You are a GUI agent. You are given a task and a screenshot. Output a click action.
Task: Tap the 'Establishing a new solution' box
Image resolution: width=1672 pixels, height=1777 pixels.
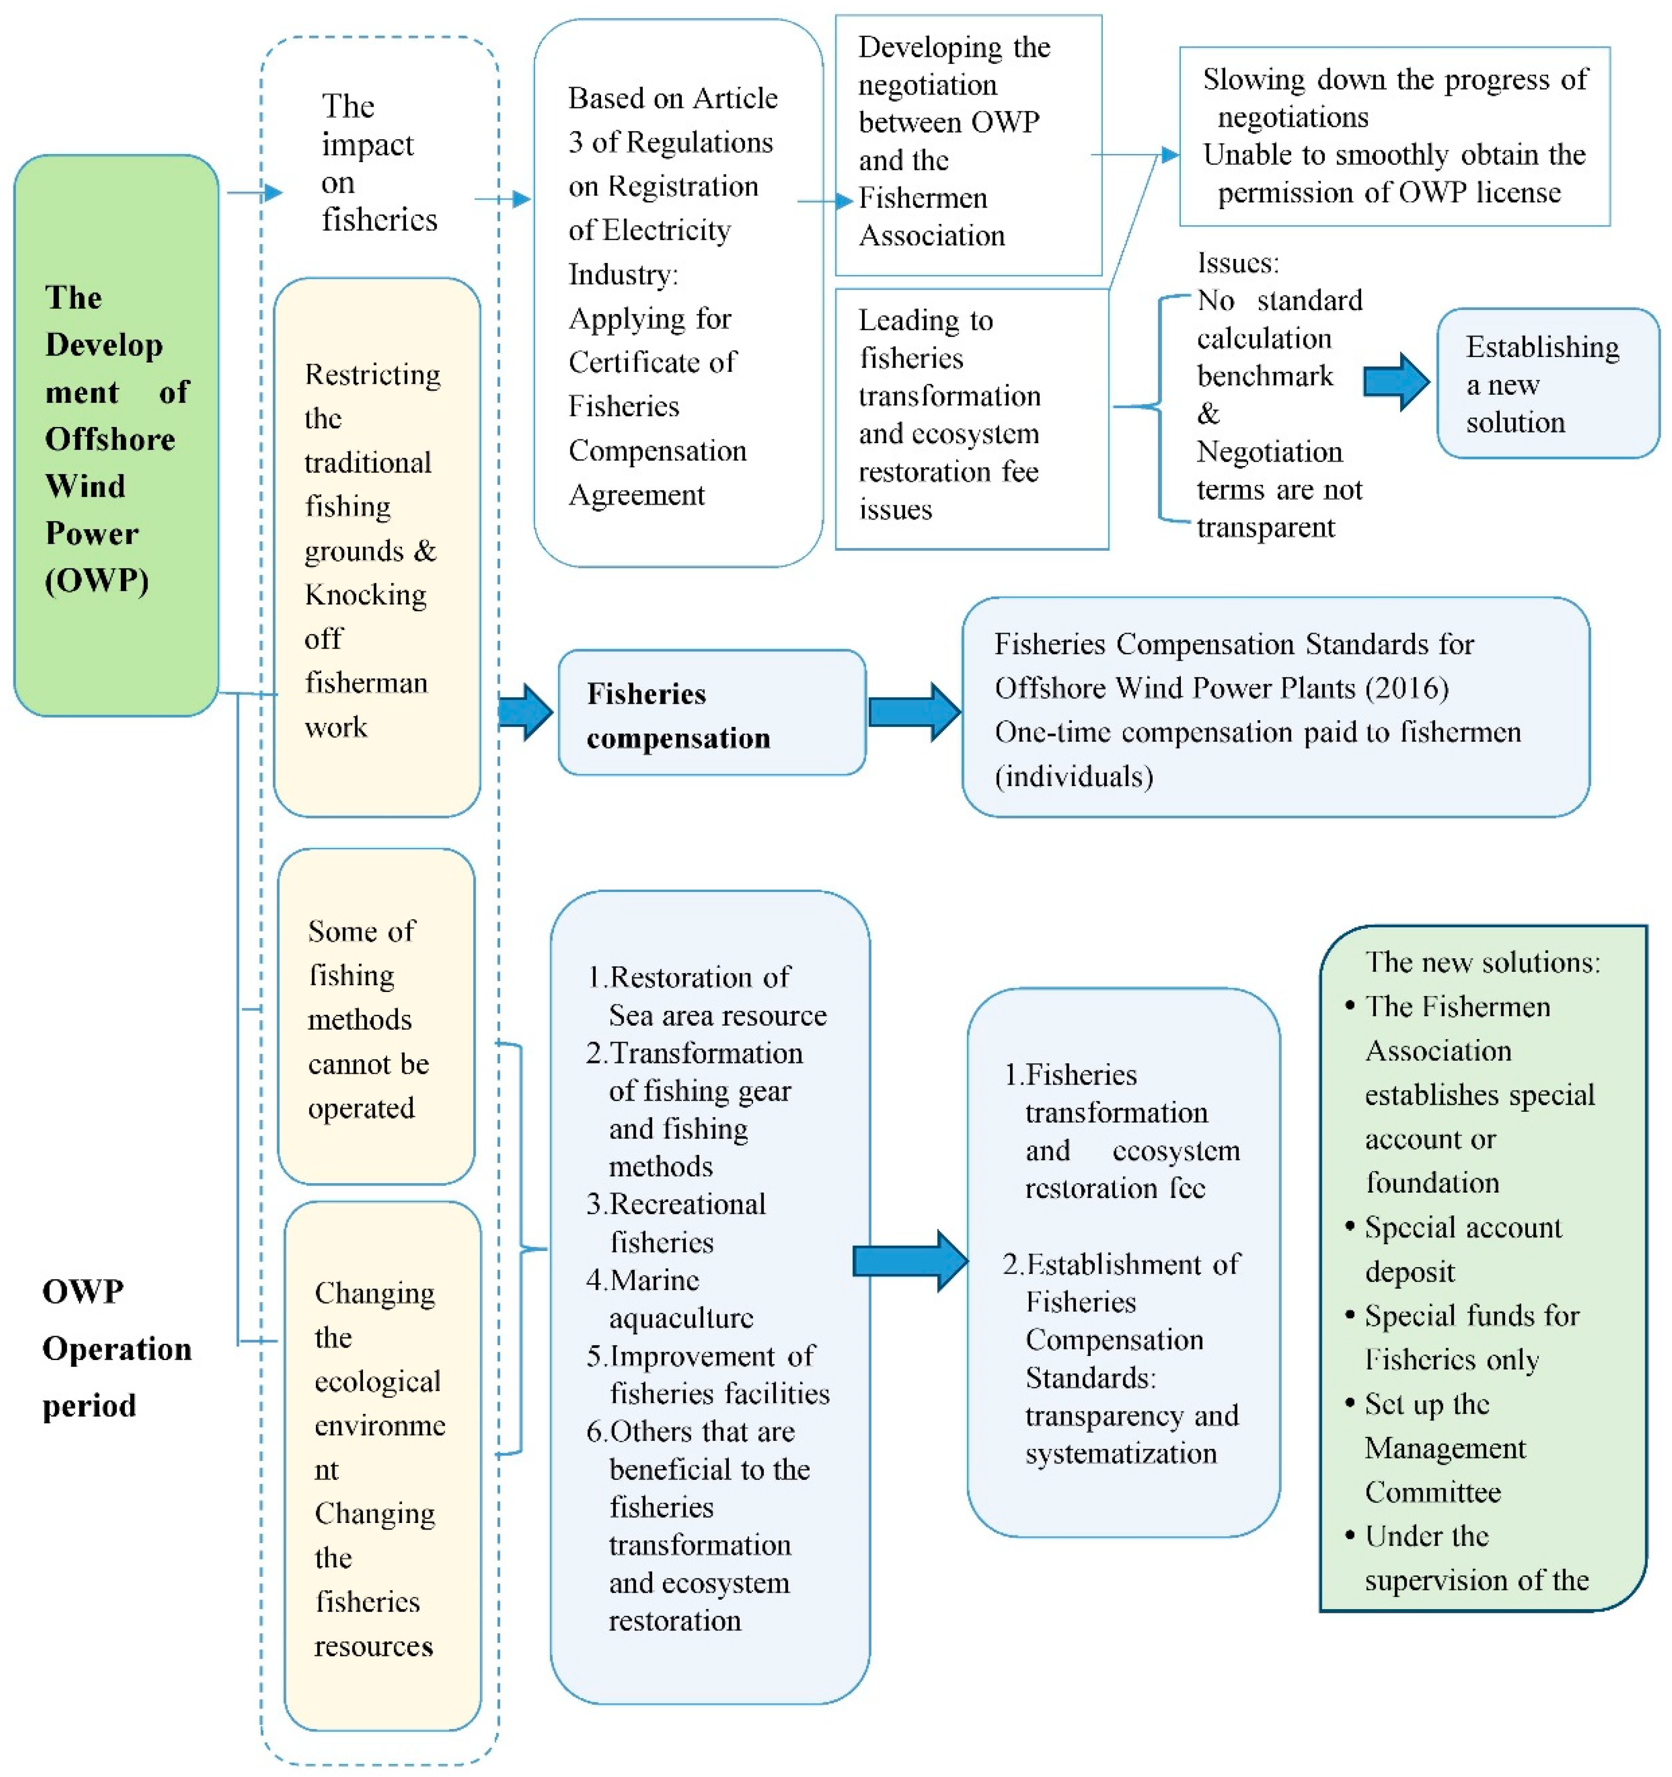pyautogui.click(x=1546, y=384)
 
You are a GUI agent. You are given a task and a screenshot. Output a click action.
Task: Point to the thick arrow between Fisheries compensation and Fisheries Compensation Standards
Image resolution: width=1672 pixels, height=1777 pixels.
pyautogui.click(x=913, y=712)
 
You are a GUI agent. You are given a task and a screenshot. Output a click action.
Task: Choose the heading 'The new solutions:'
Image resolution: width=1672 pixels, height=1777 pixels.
pyautogui.click(x=1482, y=962)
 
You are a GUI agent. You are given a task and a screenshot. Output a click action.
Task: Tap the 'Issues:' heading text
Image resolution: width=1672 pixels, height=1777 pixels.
pyautogui.click(x=1238, y=263)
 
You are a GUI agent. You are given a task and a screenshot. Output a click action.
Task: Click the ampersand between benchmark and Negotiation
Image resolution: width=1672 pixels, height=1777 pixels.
pyautogui.click(x=1208, y=414)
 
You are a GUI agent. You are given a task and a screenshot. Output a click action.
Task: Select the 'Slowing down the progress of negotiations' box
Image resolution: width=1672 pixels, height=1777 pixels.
pyautogui.click(x=1394, y=136)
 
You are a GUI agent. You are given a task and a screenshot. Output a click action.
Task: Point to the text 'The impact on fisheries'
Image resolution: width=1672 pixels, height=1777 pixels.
pyautogui.click(x=378, y=162)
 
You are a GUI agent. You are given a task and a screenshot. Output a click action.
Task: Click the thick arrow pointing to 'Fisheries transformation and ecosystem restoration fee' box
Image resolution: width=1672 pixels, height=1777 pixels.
pyautogui.click(x=910, y=1261)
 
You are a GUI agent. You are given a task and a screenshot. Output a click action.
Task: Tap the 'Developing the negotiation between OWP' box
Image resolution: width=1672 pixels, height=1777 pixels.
pyautogui.click(x=968, y=143)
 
